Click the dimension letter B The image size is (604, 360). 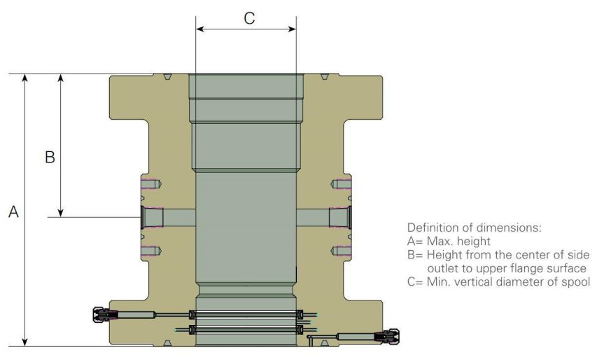click(50, 158)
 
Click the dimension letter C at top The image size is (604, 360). click(249, 19)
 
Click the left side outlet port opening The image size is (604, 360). click(143, 217)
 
